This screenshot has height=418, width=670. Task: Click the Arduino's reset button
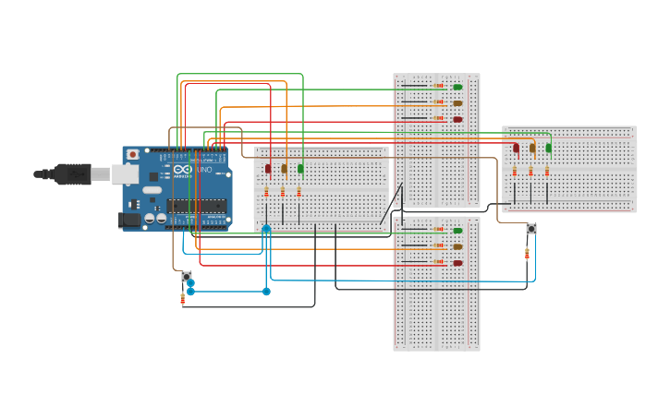click(x=133, y=154)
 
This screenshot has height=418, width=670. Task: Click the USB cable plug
click(x=69, y=173)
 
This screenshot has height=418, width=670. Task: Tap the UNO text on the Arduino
click(x=204, y=170)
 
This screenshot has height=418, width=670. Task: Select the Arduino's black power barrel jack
click(x=129, y=220)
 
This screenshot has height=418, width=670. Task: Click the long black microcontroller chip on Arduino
click(x=196, y=206)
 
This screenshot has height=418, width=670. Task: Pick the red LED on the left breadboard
click(x=268, y=168)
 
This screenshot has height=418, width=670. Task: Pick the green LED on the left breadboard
click(x=300, y=168)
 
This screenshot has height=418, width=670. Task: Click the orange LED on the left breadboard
click(x=284, y=168)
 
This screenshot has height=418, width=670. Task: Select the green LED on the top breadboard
click(x=457, y=88)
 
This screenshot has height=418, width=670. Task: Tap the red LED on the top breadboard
click(x=457, y=119)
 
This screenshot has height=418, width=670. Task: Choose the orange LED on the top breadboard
click(x=457, y=103)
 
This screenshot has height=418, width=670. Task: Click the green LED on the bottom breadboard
click(x=457, y=231)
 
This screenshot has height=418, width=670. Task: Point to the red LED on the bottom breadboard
click(x=457, y=263)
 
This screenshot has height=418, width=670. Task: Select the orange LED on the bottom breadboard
click(x=457, y=246)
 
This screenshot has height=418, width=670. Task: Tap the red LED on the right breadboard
click(x=516, y=148)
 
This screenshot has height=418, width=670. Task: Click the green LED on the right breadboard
click(x=548, y=148)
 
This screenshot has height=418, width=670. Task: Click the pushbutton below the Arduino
click(x=186, y=276)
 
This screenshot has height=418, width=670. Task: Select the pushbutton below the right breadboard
click(x=530, y=229)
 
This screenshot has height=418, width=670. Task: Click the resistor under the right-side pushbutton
click(x=527, y=253)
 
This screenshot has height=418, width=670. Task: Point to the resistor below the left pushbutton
click(x=182, y=298)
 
